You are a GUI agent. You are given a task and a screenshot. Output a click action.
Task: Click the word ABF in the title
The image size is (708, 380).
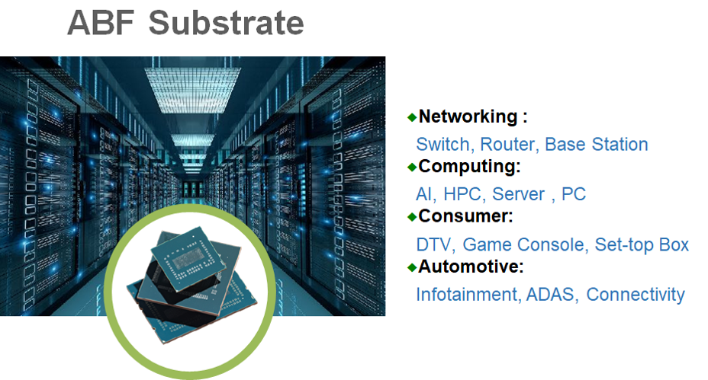click(x=101, y=23)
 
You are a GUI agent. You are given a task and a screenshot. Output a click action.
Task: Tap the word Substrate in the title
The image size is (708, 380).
click(x=227, y=23)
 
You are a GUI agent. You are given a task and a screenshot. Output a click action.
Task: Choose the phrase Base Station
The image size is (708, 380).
click(x=596, y=144)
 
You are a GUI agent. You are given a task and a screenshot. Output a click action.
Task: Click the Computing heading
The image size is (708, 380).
click(x=469, y=167)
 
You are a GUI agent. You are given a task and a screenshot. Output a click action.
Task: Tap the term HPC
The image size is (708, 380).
click(x=464, y=194)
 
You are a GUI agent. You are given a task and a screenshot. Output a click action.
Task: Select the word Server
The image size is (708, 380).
click(x=518, y=194)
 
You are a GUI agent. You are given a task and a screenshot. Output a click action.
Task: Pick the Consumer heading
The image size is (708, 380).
click(x=465, y=216)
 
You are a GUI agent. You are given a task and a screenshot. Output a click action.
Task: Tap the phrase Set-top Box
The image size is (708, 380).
click(x=642, y=244)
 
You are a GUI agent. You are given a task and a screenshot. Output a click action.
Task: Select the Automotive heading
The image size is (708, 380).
click(x=471, y=267)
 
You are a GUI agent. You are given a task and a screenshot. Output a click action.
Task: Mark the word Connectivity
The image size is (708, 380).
click(x=636, y=295)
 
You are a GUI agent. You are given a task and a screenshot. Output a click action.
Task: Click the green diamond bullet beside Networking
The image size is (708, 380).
click(x=412, y=117)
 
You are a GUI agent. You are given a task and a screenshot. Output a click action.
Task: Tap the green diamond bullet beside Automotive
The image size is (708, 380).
click(x=412, y=267)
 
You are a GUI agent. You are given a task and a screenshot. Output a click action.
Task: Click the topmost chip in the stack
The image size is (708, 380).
click(x=188, y=259)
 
